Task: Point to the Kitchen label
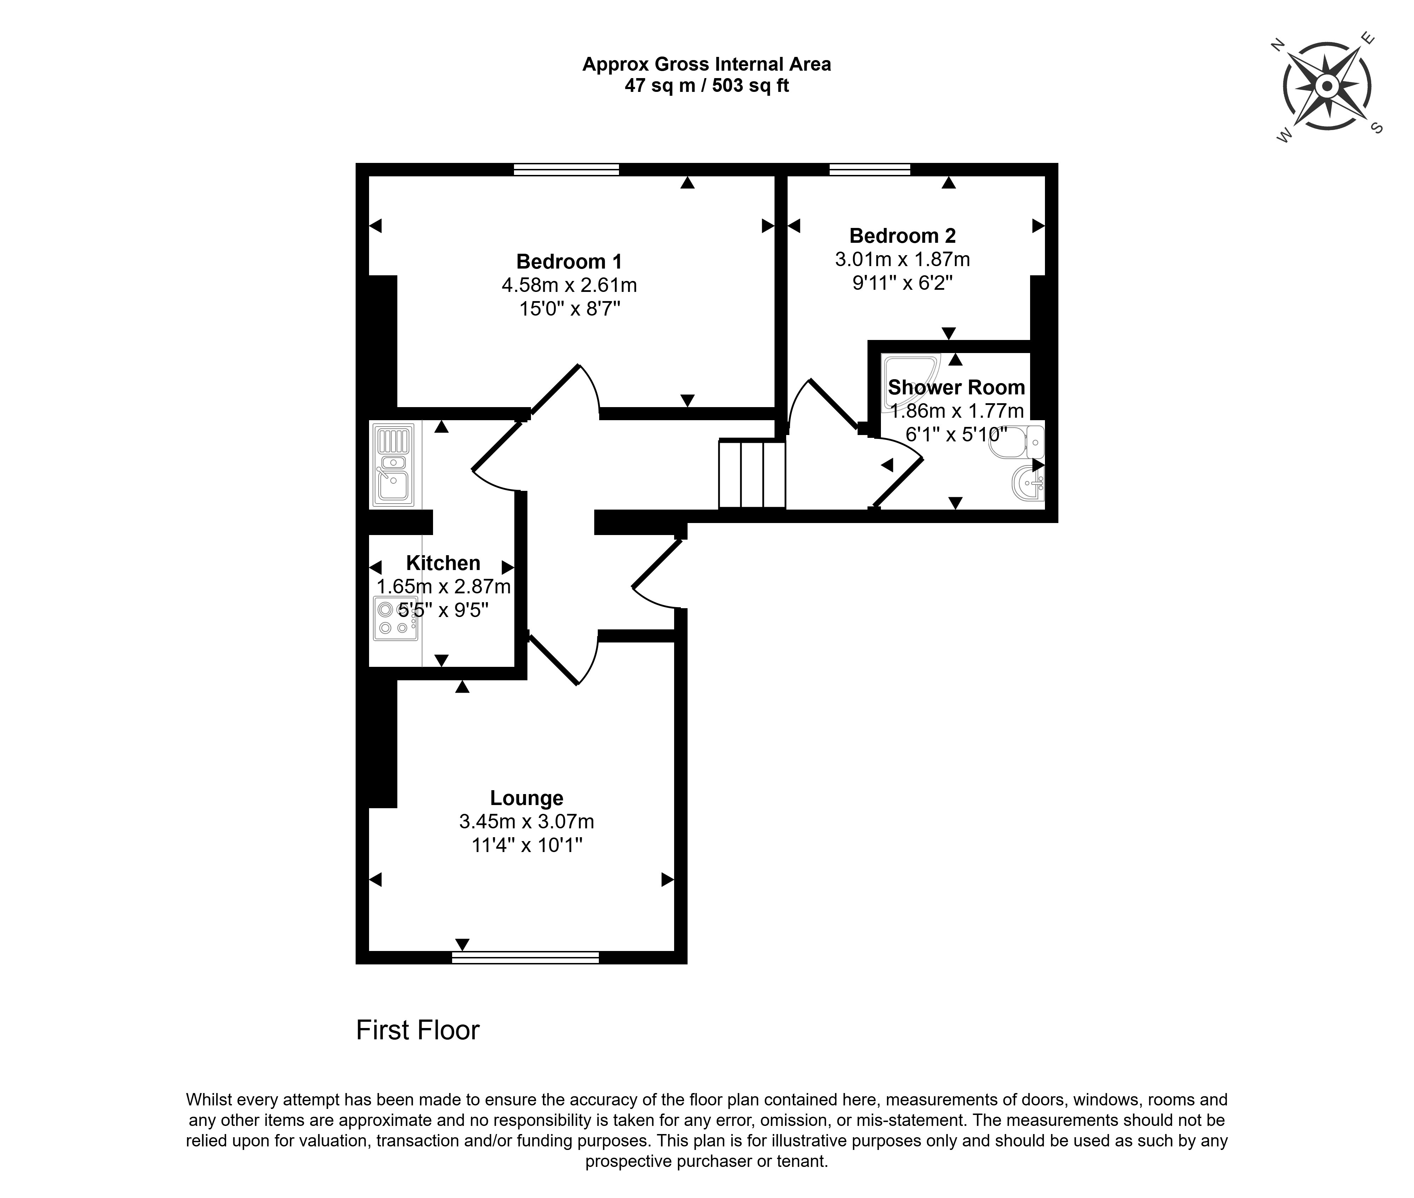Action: click(x=443, y=563)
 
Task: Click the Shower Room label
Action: click(x=956, y=387)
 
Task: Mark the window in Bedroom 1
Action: click(x=566, y=170)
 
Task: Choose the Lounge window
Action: click(x=526, y=958)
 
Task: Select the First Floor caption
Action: click(x=418, y=1030)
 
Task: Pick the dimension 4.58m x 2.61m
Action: click(x=569, y=285)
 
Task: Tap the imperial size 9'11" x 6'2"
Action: click(x=902, y=282)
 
